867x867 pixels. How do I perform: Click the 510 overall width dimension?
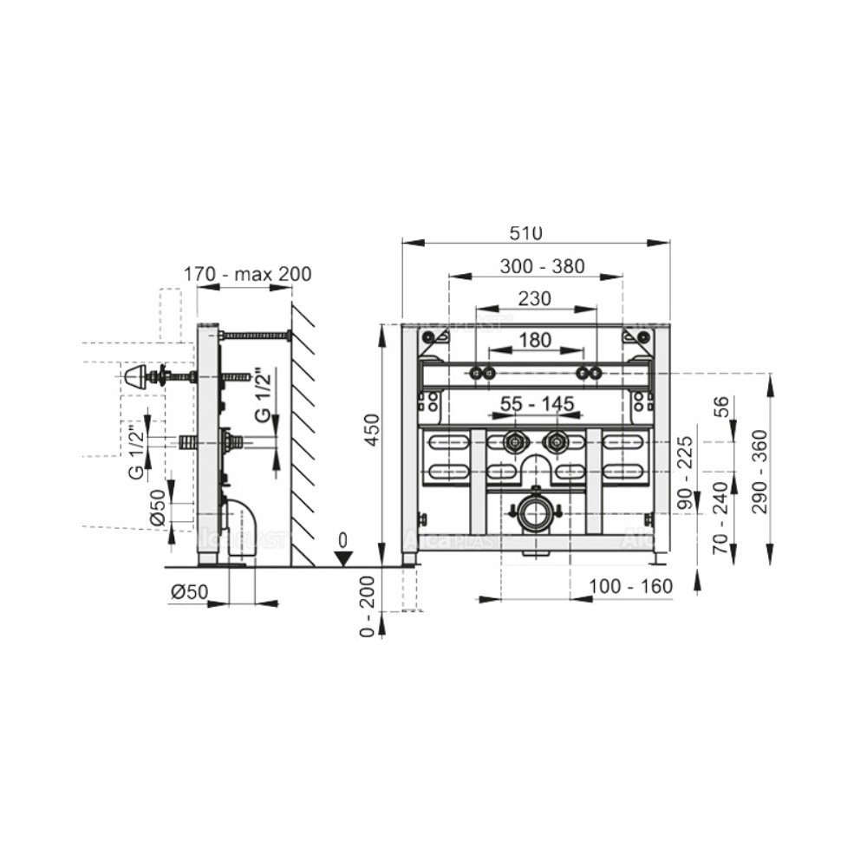pos(525,232)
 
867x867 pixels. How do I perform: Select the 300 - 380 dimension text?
pos(542,265)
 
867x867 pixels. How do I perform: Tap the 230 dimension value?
pos(535,298)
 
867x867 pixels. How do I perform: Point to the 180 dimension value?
pos(535,339)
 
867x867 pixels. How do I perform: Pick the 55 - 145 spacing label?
pos(536,404)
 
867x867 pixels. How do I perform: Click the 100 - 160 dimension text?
pos(630,587)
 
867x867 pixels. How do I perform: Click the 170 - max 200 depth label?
pos(247,274)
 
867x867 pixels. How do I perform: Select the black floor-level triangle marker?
pos(342,557)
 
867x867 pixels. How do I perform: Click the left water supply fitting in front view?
pos(515,442)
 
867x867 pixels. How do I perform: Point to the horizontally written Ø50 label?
pos(188,591)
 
